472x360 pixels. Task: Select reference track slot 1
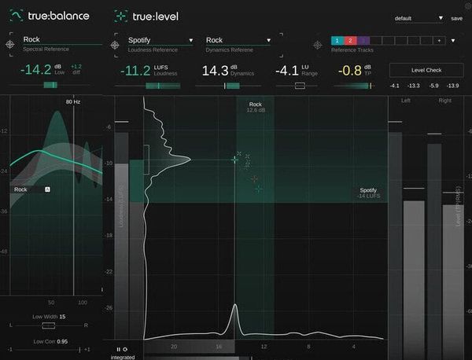(x=337, y=40)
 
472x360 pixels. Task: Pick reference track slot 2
(x=350, y=40)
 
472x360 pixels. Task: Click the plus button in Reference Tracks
(x=440, y=40)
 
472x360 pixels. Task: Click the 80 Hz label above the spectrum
(x=73, y=101)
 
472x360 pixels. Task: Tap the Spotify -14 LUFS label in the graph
(x=368, y=193)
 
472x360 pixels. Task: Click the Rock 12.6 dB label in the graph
(x=256, y=107)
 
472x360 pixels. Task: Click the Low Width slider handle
(x=49, y=325)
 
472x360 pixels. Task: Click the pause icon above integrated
(x=118, y=349)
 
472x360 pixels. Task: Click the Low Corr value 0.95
(x=61, y=341)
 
